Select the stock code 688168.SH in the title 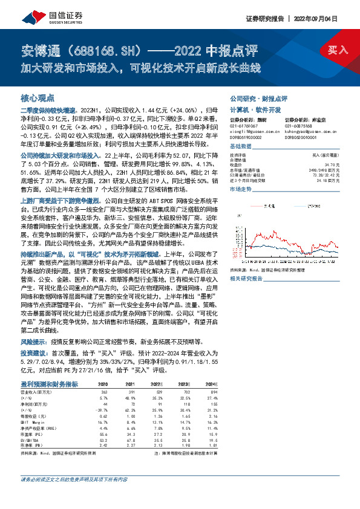click(x=104, y=49)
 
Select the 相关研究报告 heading click(x=246, y=261)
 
